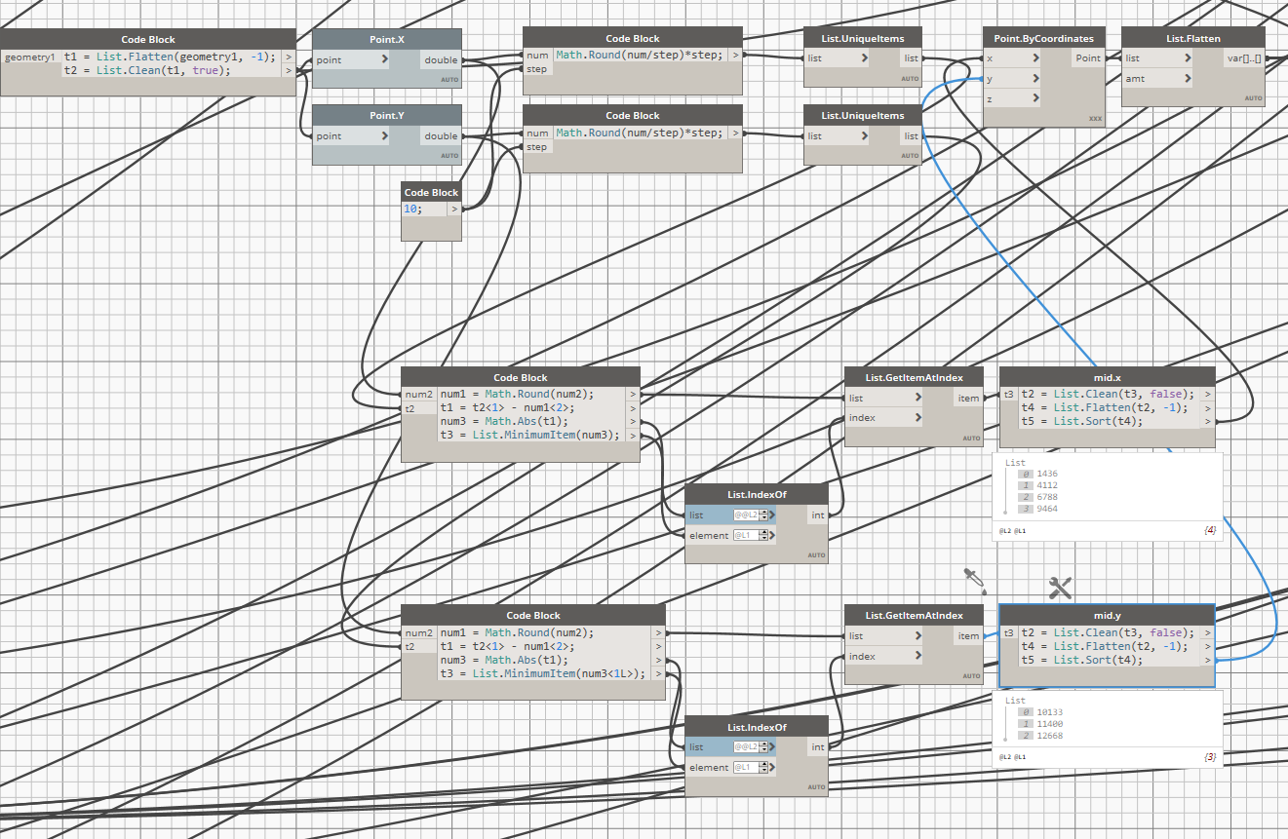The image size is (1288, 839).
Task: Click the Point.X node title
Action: click(386, 39)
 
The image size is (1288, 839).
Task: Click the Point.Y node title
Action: click(386, 115)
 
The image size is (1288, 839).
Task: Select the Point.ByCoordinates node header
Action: click(1043, 39)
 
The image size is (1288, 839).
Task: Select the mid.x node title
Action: click(1107, 377)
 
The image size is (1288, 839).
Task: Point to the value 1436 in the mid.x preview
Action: click(1046, 474)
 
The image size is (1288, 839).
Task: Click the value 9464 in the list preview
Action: click(1046, 509)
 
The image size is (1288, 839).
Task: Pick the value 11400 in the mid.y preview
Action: click(1050, 724)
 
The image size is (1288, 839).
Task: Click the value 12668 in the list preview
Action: click(1050, 736)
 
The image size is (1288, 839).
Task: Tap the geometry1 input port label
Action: click(30, 57)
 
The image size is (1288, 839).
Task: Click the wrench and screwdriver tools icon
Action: click(1060, 587)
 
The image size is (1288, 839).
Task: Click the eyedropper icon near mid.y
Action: click(973, 580)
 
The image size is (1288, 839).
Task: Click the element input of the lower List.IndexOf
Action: click(709, 768)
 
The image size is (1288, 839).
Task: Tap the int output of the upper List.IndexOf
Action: click(817, 515)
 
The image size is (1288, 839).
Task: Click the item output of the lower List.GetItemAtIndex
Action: click(968, 636)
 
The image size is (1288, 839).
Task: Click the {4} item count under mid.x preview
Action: click(1210, 529)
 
